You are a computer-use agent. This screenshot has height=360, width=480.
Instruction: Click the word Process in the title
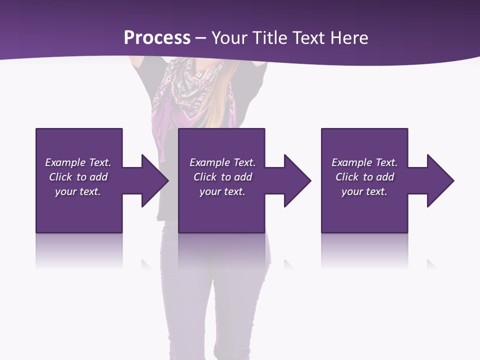click(157, 38)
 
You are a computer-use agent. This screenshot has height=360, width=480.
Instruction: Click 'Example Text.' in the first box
click(78, 162)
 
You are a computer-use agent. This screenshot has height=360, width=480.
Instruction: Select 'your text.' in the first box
click(78, 191)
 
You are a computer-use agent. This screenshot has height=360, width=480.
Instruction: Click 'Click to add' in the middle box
click(222, 177)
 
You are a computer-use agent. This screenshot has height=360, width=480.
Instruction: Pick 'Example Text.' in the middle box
click(222, 162)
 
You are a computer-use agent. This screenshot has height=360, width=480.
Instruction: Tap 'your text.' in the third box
click(364, 191)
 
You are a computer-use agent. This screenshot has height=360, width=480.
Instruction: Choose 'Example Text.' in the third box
click(364, 162)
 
